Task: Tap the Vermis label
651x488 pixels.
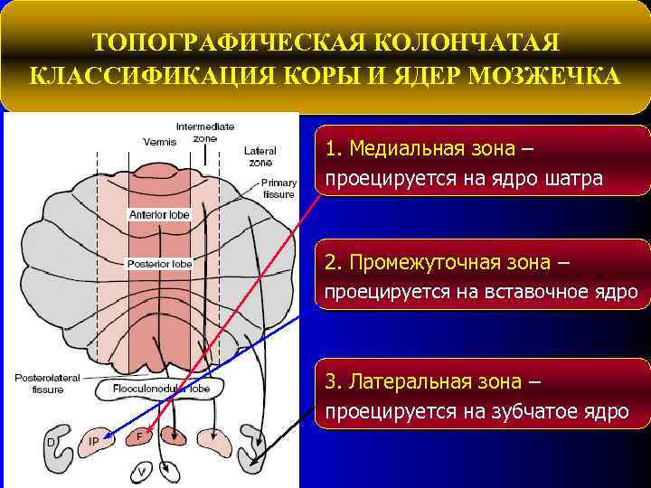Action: pyautogui.click(x=159, y=141)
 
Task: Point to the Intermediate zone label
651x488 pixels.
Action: pyautogui.click(x=204, y=132)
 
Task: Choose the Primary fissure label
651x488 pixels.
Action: pyautogui.click(x=278, y=188)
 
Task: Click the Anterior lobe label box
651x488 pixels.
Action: pyautogui.click(x=159, y=215)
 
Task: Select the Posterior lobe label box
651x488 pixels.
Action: pyautogui.click(x=159, y=264)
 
